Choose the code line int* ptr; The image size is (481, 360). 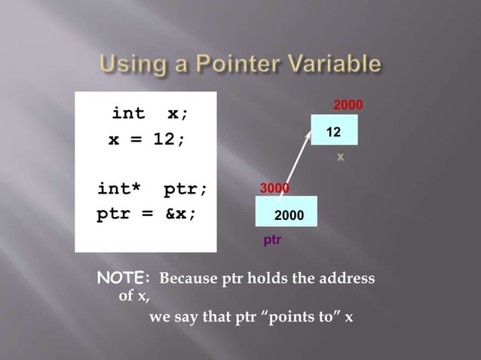tap(152, 188)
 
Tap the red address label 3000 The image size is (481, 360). tap(274, 188)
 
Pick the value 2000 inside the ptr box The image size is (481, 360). tap(289, 216)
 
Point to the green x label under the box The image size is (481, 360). tap(340, 157)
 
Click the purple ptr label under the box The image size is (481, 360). tap(272, 240)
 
